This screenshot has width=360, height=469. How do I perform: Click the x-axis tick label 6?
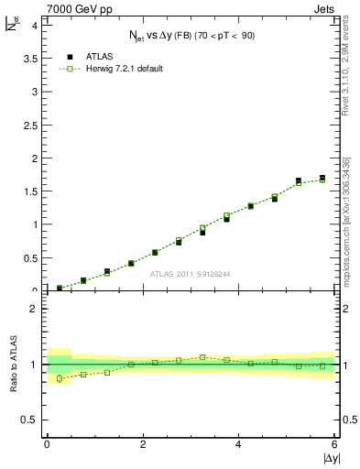tap(334, 445)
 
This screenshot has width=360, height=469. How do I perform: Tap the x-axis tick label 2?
tap(142, 445)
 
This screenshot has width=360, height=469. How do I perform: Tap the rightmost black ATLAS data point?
tap(322, 178)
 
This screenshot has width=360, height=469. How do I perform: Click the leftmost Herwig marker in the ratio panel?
tap(60, 378)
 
